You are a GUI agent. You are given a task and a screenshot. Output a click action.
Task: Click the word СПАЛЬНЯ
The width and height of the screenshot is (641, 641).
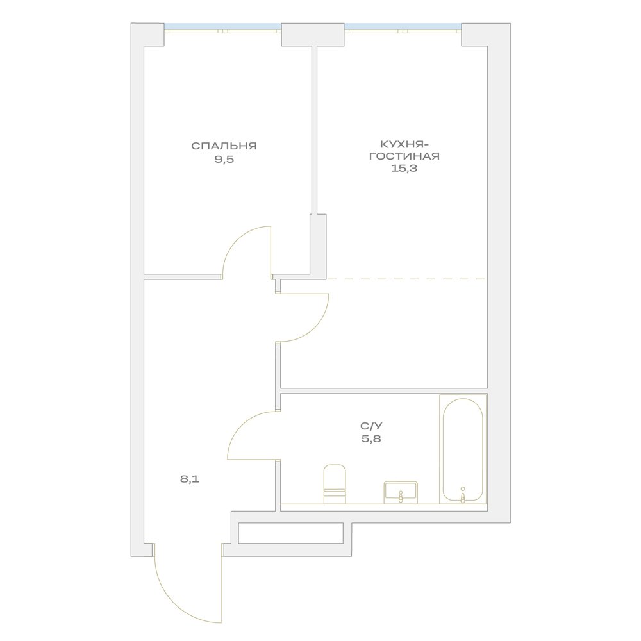pyautogui.click(x=224, y=146)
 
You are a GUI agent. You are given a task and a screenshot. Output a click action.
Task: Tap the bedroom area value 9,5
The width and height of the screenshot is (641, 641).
pyautogui.click(x=224, y=160)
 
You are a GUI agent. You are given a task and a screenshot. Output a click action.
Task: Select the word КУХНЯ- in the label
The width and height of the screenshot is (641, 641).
pyautogui.click(x=404, y=144)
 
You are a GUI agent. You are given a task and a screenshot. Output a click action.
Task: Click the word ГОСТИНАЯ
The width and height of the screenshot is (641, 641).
pyautogui.click(x=404, y=156)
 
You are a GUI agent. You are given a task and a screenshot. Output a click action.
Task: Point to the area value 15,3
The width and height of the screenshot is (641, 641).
pyautogui.click(x=404, y=168)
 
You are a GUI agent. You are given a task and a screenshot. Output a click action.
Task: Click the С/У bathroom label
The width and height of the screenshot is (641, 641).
pyautogui.click(x=372, y=426)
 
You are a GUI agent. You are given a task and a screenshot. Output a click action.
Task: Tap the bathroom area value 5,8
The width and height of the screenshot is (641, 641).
pyautogui.click(x=372, y=440)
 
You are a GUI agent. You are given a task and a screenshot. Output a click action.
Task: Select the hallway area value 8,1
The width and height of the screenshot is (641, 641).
pyautogui.click(x=190, y=479)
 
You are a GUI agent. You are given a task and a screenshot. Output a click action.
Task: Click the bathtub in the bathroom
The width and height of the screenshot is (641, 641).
pyautogui.click(x=463, y=449)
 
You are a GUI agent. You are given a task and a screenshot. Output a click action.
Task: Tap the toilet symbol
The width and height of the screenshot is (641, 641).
pyautogui.click(x=335, y=484)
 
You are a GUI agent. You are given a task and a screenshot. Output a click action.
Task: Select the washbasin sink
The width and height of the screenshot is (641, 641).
pyautogui.click(x=401, y=492)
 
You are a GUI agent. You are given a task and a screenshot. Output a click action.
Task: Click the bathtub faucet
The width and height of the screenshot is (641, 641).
pyautogui.click(x=463, y=494)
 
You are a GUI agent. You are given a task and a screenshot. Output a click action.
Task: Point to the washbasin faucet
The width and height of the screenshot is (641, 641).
pyautogui.click(x=401, y=496)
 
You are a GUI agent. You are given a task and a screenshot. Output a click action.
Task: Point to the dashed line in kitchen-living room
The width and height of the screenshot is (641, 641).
pyautogui.click(x=406, y=279)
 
